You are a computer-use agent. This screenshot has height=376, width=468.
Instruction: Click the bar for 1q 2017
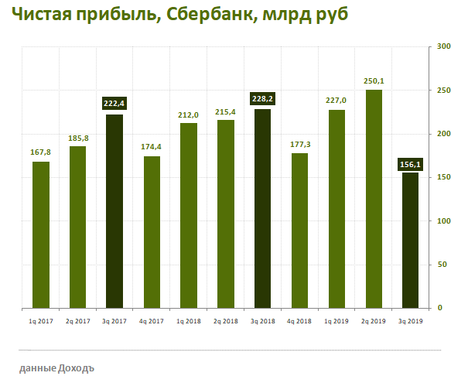click(41, 234)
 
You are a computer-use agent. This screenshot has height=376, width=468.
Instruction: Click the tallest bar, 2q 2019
click(374, 199)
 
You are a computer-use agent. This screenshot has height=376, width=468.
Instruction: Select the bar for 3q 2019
click(410, 240)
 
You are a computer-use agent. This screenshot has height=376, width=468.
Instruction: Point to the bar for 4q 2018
click(299, 231)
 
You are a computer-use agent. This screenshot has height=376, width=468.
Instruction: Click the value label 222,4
click(114, 103)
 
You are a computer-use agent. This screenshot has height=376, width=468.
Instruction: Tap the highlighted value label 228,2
click(263, 98)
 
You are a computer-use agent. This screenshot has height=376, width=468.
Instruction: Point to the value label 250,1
click(374, 80)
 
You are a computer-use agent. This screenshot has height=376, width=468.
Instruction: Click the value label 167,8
click(41, 152)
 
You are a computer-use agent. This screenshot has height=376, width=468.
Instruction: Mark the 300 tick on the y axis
click(443, 46)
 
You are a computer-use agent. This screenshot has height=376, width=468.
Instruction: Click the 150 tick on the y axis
click(443, 177)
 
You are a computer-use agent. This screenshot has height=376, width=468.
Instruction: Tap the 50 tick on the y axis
click(441, 265)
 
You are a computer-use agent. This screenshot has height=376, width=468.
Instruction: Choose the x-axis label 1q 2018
click(189, 320)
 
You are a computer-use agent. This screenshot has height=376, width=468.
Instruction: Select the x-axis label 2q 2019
click(374, 320)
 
